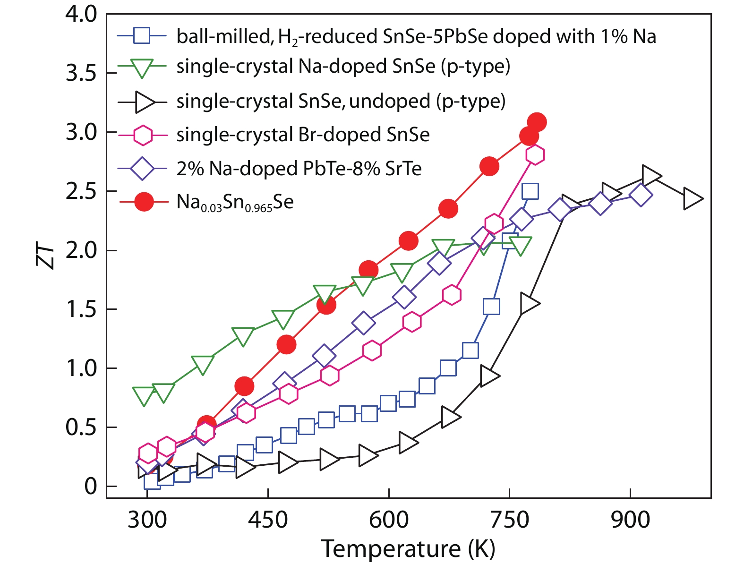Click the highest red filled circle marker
[537, 122]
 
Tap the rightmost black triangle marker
[692, 198]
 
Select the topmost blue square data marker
[530, 191]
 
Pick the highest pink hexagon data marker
[535, 154]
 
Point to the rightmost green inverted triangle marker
[521, 245]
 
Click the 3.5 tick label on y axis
[81, 73]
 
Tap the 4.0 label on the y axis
[81, 15]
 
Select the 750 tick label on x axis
[509, 520]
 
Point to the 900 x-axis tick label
[630, 520]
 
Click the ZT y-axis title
[46, 257]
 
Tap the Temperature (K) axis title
[408, 549]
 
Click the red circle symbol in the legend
[143, 202]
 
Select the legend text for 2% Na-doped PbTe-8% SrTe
[299, 169]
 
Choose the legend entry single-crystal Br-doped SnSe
[303, 135]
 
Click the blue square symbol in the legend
[141, 35]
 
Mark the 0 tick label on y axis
[90, 486]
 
